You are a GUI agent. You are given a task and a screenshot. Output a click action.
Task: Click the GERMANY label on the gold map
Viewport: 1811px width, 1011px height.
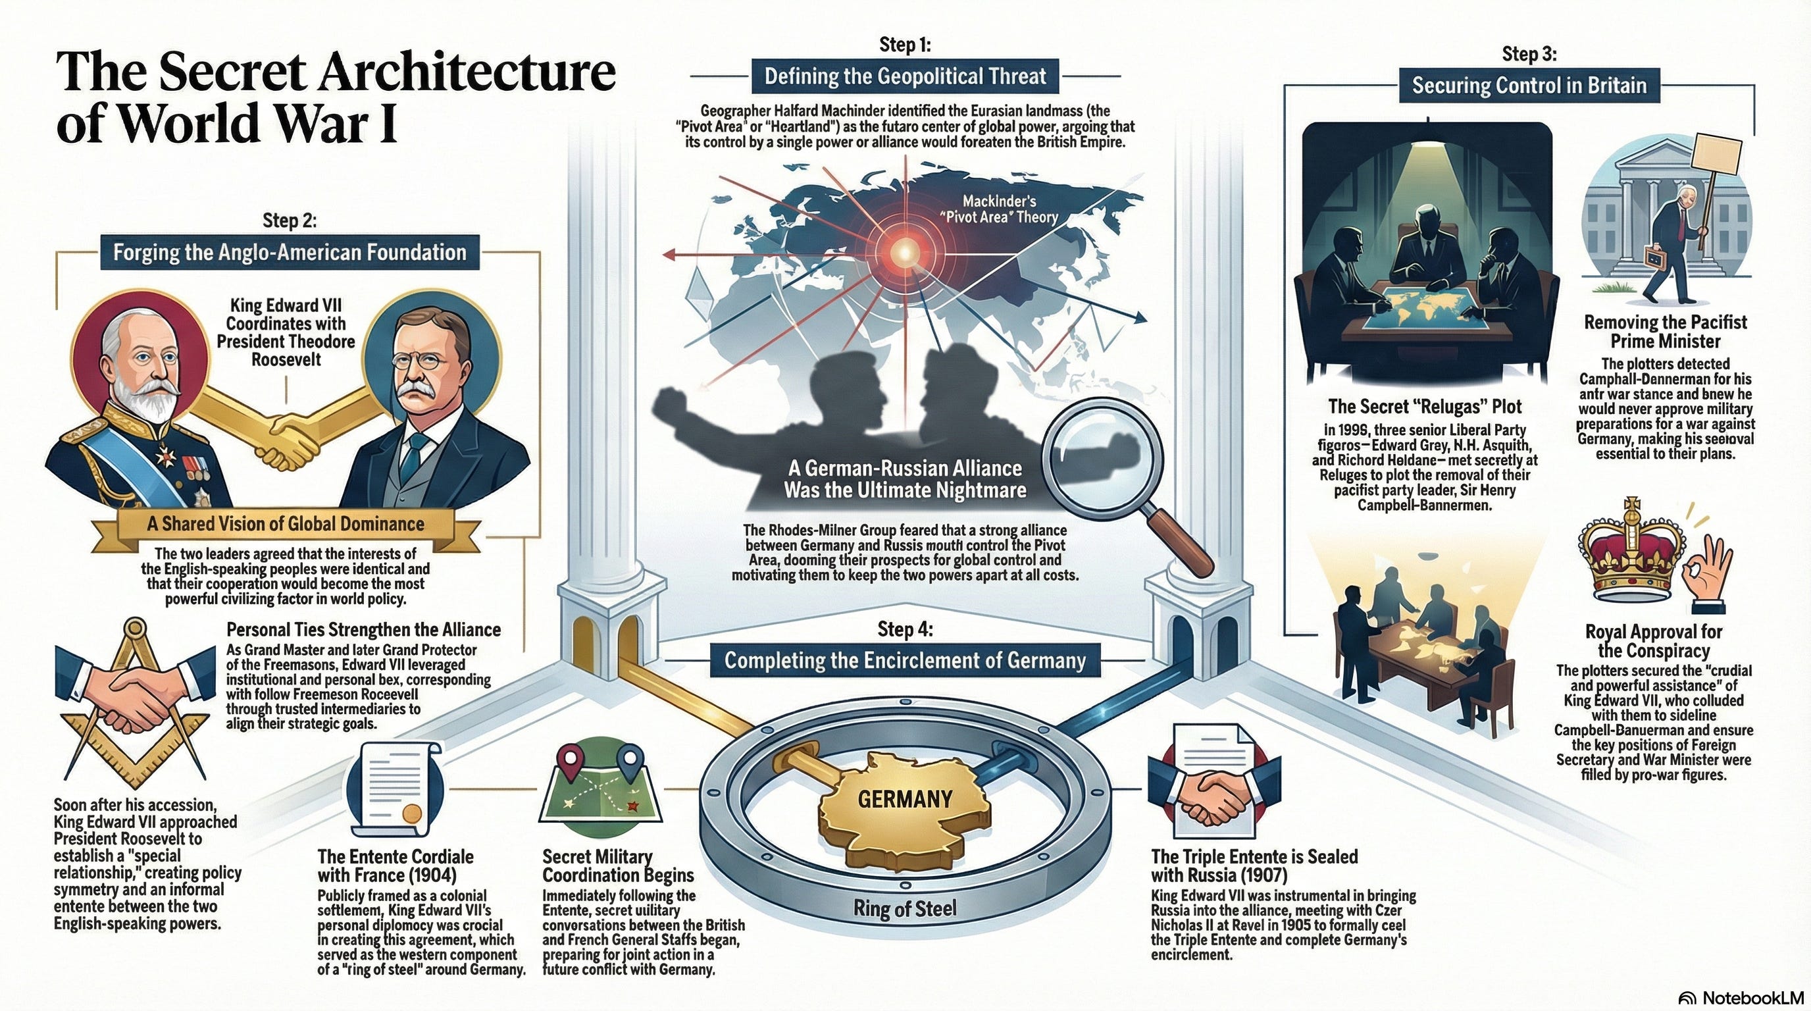(x=905, y=799)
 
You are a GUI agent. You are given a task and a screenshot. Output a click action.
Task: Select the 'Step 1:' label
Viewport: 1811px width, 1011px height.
(x=905, y=45)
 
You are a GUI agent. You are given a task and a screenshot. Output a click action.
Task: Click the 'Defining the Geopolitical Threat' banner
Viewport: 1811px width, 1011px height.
(x=905, y=76)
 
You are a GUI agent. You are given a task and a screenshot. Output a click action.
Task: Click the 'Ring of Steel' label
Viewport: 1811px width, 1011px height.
(x=905, y=909)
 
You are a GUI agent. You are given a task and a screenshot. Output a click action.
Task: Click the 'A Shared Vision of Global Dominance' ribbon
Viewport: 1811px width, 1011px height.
(x=286, y=525)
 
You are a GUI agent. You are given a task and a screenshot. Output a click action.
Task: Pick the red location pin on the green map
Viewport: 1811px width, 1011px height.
(x=567, y=760)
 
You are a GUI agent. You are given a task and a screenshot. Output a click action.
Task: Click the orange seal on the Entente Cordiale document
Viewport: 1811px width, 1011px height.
(x=411, y=814)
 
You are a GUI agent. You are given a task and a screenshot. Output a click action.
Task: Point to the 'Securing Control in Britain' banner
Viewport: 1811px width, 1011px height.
(x=1529, y=86)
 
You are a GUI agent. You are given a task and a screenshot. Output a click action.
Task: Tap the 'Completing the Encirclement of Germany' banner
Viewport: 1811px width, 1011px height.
(x=905, y=661)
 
